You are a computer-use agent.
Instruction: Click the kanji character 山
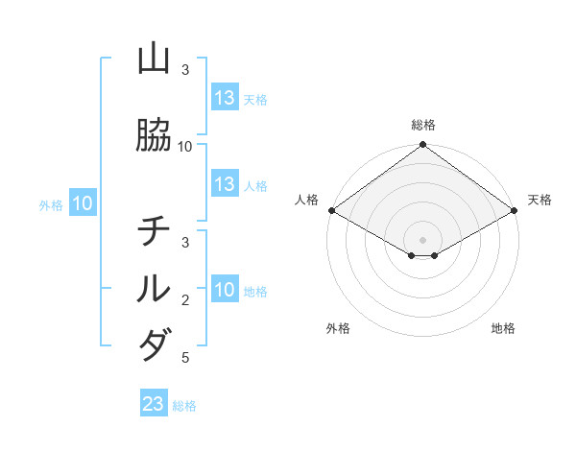tap(154, 60)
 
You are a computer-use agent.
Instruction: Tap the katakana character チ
tap(154, 231)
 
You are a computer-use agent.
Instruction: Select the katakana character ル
tap(154, 289)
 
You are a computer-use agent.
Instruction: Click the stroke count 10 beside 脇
tap(185, 147)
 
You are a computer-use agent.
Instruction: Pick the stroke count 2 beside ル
tap(185, 300)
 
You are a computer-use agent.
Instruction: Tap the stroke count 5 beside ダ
tap(185, 358)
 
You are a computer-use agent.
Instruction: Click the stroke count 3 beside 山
tap(185, 70)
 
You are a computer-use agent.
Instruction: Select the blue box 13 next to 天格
tap(225, 98)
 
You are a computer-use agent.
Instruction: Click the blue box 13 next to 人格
tap(225, 184)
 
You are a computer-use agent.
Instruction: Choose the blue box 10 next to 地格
tap(225, 290)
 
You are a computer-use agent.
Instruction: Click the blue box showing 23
tap(154, 404)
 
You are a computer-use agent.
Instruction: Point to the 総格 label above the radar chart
tap(422, 125)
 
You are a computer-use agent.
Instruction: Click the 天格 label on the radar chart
tap(540, 200)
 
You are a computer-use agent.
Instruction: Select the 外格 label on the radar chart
tap(338, 328)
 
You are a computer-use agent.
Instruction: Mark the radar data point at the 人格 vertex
tap(331, 210)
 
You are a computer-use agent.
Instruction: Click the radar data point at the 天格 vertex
tap(515, 210)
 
